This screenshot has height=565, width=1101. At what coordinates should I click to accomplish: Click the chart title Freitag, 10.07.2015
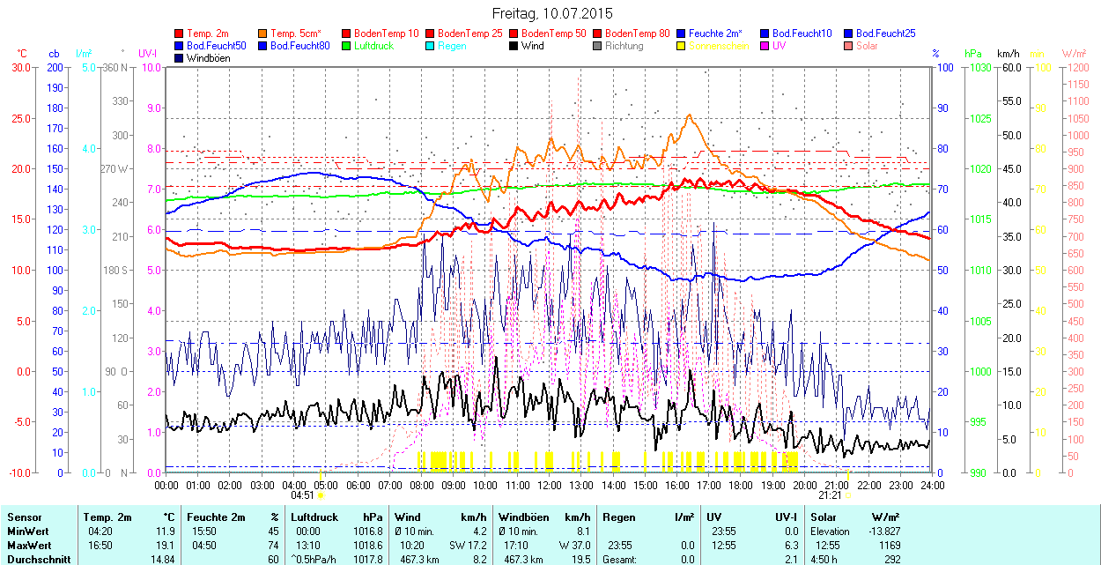pos(551,13)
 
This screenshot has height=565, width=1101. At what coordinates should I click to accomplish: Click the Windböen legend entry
pos(208,58)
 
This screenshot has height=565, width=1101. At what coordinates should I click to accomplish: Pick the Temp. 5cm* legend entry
pos(297,33)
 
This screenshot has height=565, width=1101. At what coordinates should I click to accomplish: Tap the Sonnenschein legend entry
pos(719,46)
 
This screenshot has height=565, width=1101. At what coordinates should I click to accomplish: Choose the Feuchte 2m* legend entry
pos(714,33)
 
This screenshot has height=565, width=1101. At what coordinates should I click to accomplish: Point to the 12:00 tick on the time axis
pos(550,485)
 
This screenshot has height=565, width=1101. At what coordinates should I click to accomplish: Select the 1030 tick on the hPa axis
pos(977,67)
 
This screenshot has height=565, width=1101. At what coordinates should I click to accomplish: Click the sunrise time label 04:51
pos(302,495)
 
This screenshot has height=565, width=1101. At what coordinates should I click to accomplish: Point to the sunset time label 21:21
pos(831,495)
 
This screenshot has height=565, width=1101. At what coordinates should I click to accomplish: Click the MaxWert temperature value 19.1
pos(164,546)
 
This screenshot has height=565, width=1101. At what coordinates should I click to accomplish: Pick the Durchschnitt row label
pos(33,559)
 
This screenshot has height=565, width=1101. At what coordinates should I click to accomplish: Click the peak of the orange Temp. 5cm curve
pos(689,115)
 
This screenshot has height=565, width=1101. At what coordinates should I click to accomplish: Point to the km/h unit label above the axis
pos(1008,54)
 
